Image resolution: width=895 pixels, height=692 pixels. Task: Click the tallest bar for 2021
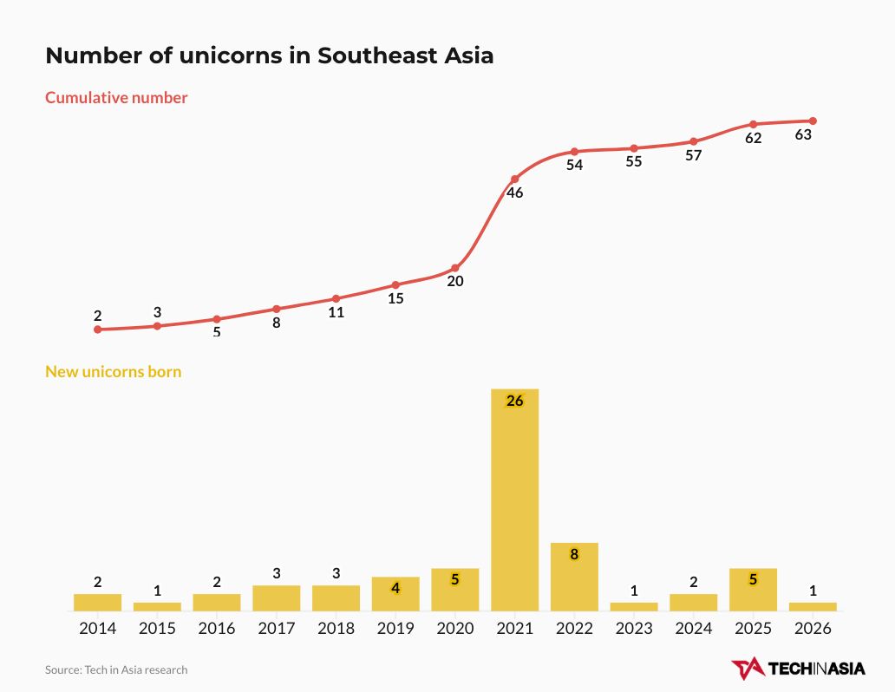pos(514,499)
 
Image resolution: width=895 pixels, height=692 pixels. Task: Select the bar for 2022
pos(574,577)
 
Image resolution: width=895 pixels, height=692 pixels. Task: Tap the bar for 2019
pos(395,594)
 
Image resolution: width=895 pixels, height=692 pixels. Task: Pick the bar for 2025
pos(753,590)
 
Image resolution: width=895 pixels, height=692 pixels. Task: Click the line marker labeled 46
pos(514,179)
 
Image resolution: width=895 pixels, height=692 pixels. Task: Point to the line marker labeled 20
pos(455,268)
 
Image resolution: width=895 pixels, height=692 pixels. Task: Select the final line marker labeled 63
pos(813,121)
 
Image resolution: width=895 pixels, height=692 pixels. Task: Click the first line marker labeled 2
pos(97,330)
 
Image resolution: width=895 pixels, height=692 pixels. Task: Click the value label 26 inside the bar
pos(514,401)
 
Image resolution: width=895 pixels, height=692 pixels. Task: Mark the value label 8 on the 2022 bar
pos(574,554)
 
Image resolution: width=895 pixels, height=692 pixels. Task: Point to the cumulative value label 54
pos(574,165)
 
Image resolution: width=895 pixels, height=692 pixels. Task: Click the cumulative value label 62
pos(753,138)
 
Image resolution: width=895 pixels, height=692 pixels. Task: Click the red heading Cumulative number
pos(116,98)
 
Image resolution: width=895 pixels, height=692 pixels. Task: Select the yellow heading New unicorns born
pos(113,372)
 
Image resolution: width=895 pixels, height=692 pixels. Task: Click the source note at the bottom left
pos(116,669)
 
